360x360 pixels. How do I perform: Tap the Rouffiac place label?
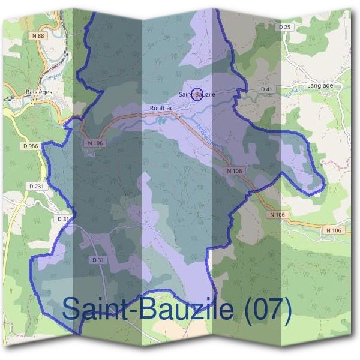[x=162, y=108]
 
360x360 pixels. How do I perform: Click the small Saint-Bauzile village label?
[x=197, y=94]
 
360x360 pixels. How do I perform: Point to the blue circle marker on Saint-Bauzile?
[x=197, y=94]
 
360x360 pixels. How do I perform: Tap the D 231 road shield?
[x=37, y=187]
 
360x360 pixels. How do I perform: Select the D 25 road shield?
[x=284, y=27]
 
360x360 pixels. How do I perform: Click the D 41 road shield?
[x=266, y=89]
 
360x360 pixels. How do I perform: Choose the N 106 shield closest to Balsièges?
[x=95, y=143]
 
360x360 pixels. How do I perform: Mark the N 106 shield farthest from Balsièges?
[x=334, y=230]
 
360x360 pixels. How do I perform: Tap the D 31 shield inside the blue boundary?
[x=99, y=260]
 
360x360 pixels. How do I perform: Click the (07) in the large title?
[x=269, y=308]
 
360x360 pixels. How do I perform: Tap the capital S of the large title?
[x=72, y=308]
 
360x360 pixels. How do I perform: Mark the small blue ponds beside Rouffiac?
[x=161, y=120]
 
